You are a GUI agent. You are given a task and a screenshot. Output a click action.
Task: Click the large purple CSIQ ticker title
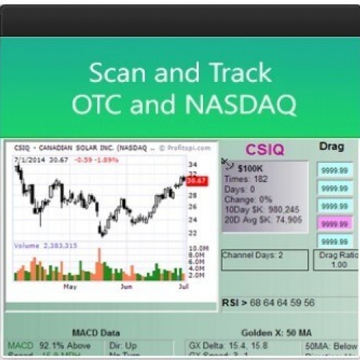click(264, 150)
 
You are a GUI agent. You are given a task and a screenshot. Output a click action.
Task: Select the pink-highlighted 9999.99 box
click(335, 224)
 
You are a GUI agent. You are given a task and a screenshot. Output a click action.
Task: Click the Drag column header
click(331, 146)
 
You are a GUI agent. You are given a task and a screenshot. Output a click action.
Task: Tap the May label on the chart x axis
click(69, 286)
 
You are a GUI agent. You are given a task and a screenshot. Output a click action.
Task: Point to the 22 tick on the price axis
click(193, 232)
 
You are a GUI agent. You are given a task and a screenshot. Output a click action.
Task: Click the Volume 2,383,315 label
click(45, 246)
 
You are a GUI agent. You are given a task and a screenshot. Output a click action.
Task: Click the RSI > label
click(233, 302)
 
